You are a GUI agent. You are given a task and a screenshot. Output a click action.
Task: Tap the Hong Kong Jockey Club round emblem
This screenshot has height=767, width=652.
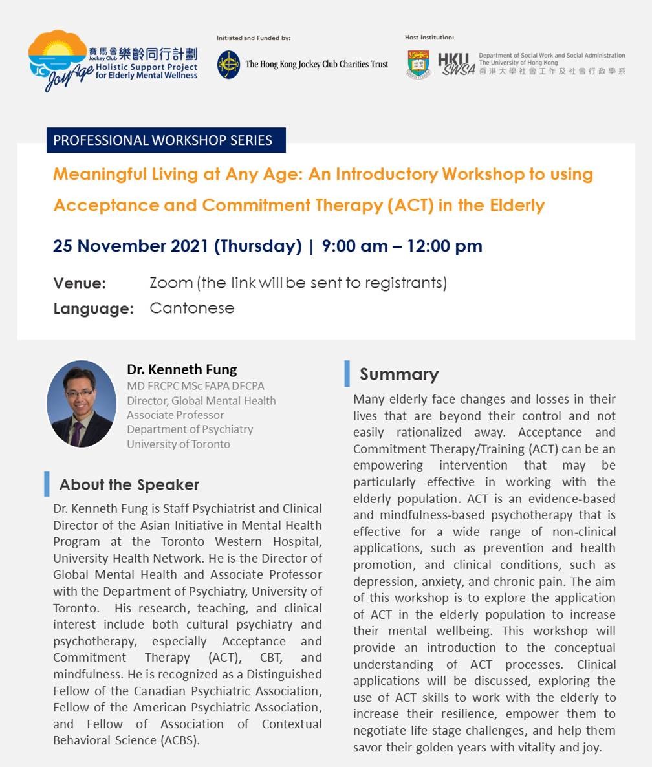[228, 65]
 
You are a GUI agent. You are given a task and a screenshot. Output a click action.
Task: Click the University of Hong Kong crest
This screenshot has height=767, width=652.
[418, 65]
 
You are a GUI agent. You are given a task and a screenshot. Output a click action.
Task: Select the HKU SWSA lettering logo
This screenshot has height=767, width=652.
[456, 65]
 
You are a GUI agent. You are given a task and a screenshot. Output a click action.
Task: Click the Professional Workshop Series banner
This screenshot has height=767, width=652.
[166, 140]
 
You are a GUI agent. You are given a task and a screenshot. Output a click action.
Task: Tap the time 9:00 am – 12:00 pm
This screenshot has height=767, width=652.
[402, 246]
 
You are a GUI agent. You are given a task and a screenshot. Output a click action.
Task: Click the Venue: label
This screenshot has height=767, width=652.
[80, 284]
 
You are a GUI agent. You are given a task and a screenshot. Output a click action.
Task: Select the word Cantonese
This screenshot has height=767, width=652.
[191, 308]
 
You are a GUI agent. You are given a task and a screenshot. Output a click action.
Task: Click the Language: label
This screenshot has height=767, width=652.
[93, 309]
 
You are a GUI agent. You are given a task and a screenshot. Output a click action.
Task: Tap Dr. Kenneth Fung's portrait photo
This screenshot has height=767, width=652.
[81, 404]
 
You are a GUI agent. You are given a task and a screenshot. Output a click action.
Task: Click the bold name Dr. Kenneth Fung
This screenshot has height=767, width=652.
[182, 370]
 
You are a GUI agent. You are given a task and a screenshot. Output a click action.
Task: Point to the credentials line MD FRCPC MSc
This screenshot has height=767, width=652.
[195, 386]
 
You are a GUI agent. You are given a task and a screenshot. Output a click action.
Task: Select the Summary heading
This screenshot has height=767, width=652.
[399, 374]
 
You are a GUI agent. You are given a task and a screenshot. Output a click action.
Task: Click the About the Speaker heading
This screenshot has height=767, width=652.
[129, 485]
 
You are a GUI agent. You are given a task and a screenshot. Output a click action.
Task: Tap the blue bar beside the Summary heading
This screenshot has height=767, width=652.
[347, 374]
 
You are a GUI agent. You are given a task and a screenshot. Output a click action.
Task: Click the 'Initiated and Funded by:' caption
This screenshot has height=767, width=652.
[254, 38]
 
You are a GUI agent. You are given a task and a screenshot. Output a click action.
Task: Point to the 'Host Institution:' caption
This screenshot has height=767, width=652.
[429, 38]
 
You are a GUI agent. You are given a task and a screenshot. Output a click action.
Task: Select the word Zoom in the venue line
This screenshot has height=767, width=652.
[171, 283]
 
